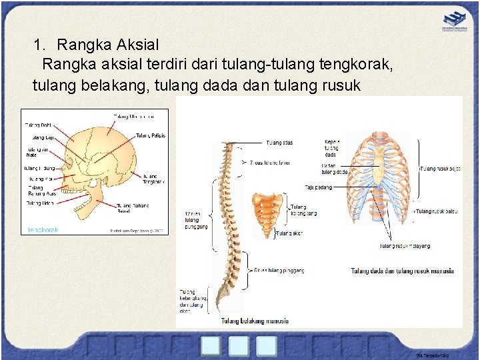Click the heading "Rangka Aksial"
[x=108, y=45]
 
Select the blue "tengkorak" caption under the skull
[x=43, y=230]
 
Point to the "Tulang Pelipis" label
[x=151, y=135]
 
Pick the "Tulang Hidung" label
[x=39, y=168]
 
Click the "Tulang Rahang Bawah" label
[x=133, y=209]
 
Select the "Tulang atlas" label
[x=279, y=143]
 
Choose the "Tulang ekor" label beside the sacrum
[x=289, y=234]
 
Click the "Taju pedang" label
[x=318, y=187]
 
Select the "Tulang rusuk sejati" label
[x=439, y=169]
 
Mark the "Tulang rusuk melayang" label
[x=405, y=246]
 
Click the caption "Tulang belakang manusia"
[x=255, y=321]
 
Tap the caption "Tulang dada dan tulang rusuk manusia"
[x=402, y=271]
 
